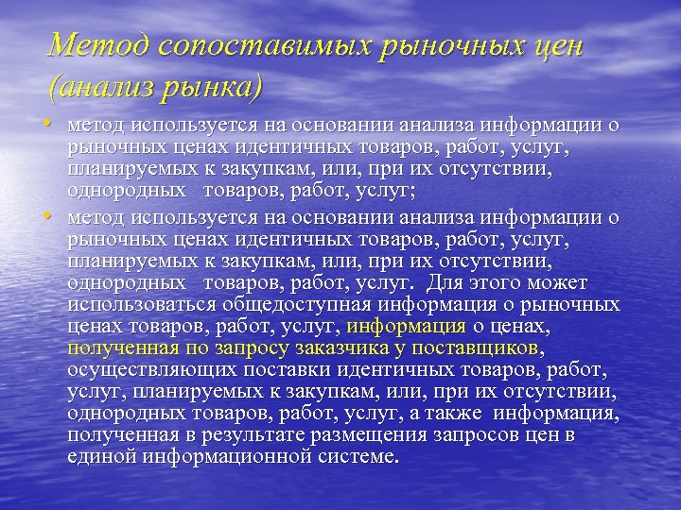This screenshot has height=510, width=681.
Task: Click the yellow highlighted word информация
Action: pyautogui.click(x=407, y=327)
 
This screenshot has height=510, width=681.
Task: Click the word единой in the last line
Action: pyautogui.click(x=99, y=457)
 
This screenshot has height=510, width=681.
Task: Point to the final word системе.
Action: pyautogui.click(x=362, y=457)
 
